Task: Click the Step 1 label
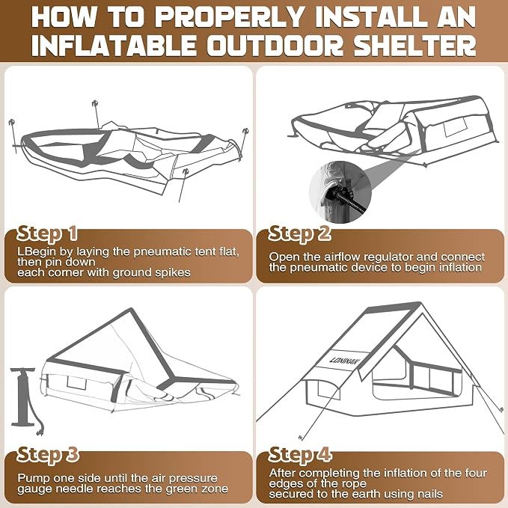[47, 233]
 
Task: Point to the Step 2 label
[300, 233]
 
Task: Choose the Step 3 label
[48, 455]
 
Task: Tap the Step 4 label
[300, 455]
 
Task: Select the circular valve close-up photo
[340, 192]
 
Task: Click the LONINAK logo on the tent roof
[343, 361]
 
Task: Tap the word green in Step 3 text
[182, 489]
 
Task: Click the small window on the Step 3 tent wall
[77, 383]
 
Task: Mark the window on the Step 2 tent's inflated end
[456, 127]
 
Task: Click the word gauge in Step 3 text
[31, 489]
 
